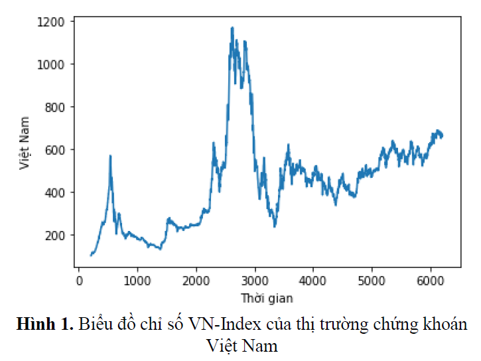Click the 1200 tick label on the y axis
(51, 21)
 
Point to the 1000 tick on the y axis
(51, 64)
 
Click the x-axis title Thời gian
(267, 297)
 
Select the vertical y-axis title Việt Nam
(25, 143)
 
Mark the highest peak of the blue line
(232, 28)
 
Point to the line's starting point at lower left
(91, 255)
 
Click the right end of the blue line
(443, 136)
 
